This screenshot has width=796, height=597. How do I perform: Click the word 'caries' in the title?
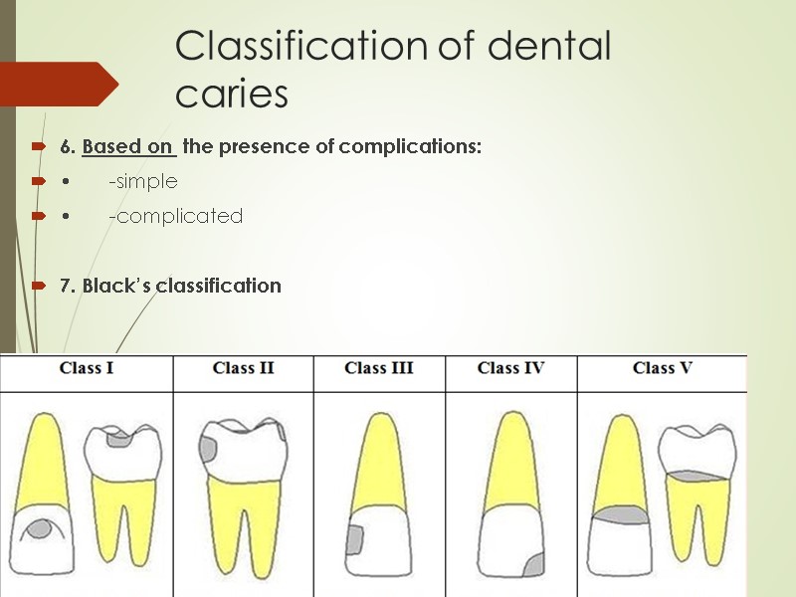pyautogui.click(x=231, y=95)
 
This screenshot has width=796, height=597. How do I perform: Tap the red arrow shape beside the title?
pyautogui.click(x=60, y=84)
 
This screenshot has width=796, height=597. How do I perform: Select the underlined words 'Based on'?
pyautogui.click(x=129, y=147)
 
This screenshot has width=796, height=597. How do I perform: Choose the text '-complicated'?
pyautogui.click(x=175, y=216)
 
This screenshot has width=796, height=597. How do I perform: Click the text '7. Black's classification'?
pyautogui.click(x=170, y=286)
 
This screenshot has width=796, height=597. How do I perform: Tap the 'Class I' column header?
pyautogui.click(x=87, y=368)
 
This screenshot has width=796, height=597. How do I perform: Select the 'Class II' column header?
pyautogui.click(x=243, y=368)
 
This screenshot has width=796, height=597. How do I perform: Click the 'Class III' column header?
pyautogui.click(x=379, y=368)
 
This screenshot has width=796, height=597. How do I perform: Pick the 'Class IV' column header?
pyautogui.click(x=510, y=368)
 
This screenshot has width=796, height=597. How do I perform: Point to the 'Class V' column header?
pyautogui.click(x=662, y=368)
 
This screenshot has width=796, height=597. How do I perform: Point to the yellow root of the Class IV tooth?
pyautogui.click(x=511, y=458)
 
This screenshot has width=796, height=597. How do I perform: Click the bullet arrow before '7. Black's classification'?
pyautogui.click(x=38, y=287)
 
